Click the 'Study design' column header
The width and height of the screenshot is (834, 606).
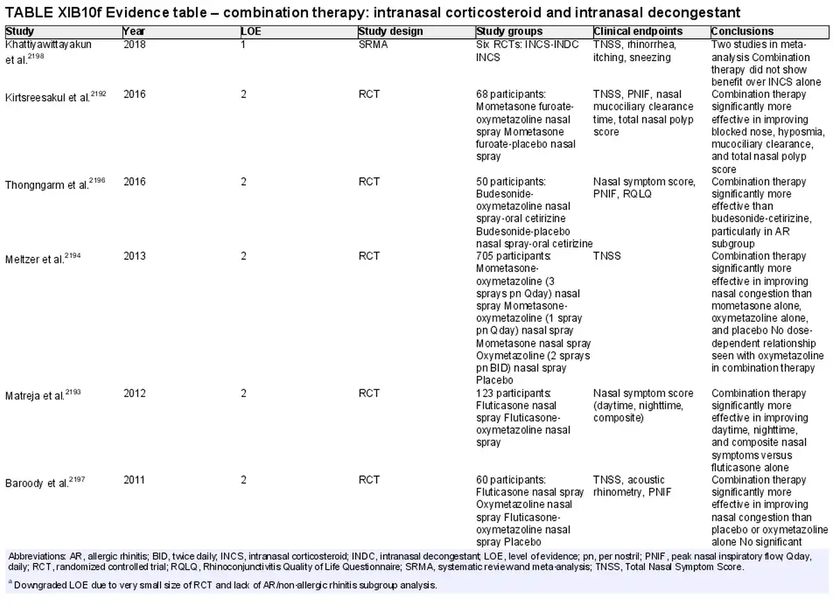coord(391,32)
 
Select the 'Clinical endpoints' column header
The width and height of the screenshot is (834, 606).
coord(638,32)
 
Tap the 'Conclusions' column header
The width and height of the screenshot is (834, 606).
coord(742,32)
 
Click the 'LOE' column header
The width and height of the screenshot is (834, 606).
coord(251,32)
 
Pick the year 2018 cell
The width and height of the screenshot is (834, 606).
coord(134,44)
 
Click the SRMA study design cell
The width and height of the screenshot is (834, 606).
coord(373,44)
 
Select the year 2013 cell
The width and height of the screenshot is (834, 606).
coord(134,256)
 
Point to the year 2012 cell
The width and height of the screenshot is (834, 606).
coord(134,393)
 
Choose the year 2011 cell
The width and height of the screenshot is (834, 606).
coord(134,480)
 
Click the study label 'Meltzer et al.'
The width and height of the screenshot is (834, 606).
coord(35,259)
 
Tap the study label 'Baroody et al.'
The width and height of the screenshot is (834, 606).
coord(37,483)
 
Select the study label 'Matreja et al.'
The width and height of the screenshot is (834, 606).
coord(35,395)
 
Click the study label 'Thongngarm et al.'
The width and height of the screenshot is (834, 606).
coord(47,185)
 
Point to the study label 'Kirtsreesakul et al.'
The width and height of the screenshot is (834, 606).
coord(47,97)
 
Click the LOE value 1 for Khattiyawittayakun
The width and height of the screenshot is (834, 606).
coord(243,44)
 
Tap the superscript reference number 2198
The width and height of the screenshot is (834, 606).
coord(35,56)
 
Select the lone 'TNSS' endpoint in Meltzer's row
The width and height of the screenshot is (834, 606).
coord(607,256)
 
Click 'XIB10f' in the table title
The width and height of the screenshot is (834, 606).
coord(80,13)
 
